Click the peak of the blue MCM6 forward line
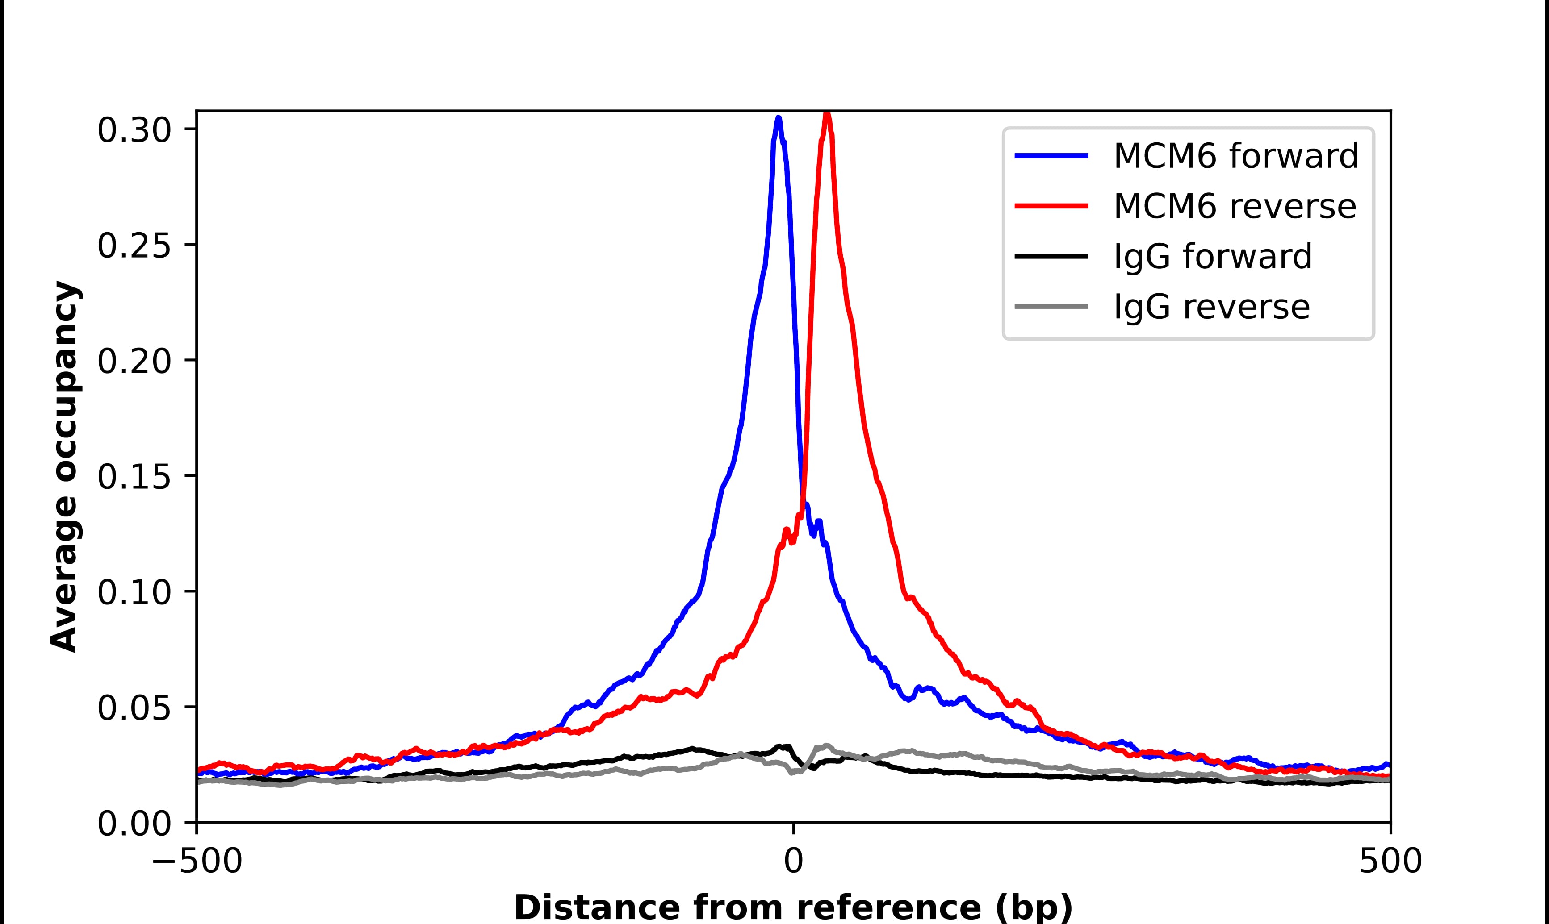(x=779, y=118)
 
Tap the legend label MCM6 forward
(x=1236, y=156)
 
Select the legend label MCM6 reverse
(x=1235, y=206)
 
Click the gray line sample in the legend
(x=1051, y=306)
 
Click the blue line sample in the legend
(x=1051, y=156)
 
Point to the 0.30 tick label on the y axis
(x=134, y=131)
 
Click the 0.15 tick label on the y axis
(x=134, y=478)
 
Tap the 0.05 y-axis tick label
(x=134, y=708)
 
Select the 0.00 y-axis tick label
(x=134, y=824)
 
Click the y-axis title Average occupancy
(x=65, y=466)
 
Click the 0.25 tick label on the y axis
(x=134, y=246)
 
